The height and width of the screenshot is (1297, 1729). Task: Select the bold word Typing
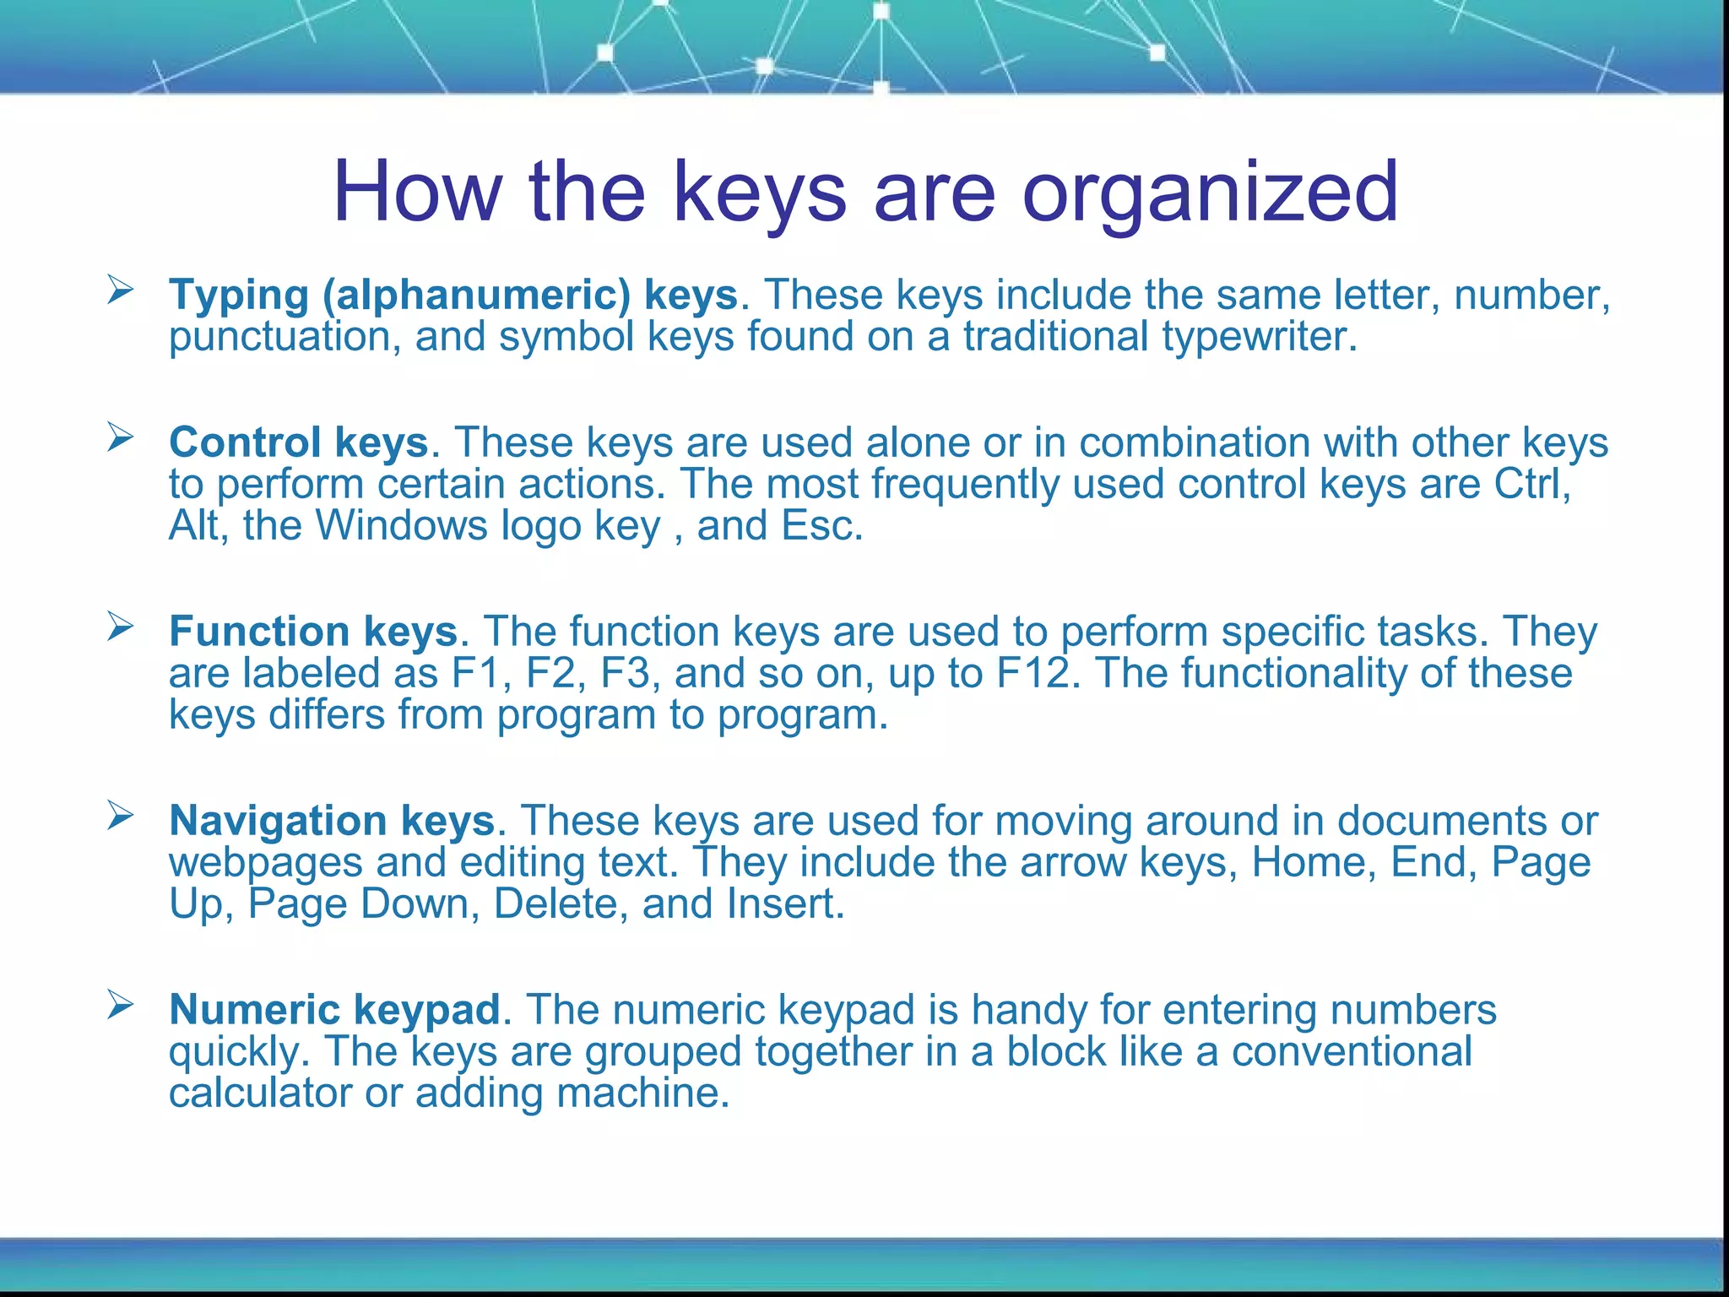coord(239,296)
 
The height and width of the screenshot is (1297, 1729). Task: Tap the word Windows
coord(402,525)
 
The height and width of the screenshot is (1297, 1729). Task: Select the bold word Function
coord(259,632)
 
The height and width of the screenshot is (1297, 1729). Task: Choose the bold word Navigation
coord(278,821)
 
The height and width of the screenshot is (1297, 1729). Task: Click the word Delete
coord(561,904)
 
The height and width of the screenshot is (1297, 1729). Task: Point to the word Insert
coord(785,904)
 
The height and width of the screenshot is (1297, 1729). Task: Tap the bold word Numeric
coord(254,1010)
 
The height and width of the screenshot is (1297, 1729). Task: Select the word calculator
coord(260,1093)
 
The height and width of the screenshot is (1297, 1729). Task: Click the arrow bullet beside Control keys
coord(121,437)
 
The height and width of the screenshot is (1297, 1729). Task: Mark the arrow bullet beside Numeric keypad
coord(121,1005)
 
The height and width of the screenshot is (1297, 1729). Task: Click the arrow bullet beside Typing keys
coord(121,290)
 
